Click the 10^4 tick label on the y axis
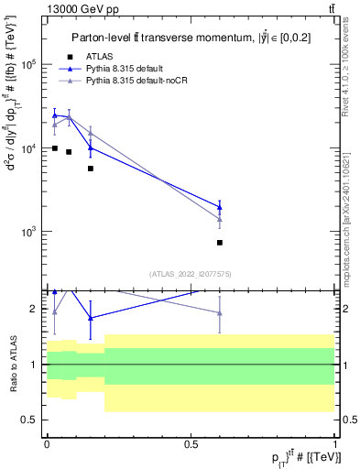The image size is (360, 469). pyautogui.click(x=28, y=148)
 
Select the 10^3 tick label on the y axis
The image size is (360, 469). pyautogui.click(x=28, y=232)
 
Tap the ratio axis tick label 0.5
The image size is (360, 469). pyautogui.click(x=30, y=420)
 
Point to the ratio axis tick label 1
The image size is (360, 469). pyautogui.click(x=34, y=365)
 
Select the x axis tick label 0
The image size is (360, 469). pyautogui.click(x=46, y=444)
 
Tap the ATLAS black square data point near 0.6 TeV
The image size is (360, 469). pyautogui.click(x=220, y=243)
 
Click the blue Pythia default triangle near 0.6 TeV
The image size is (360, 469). pyautogui.click(x=220, y=207)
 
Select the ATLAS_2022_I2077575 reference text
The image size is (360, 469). pyautogui.click(x=191, y=274)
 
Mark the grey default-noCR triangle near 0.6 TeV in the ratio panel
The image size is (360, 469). pyautogui.click(x=220, y=313)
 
